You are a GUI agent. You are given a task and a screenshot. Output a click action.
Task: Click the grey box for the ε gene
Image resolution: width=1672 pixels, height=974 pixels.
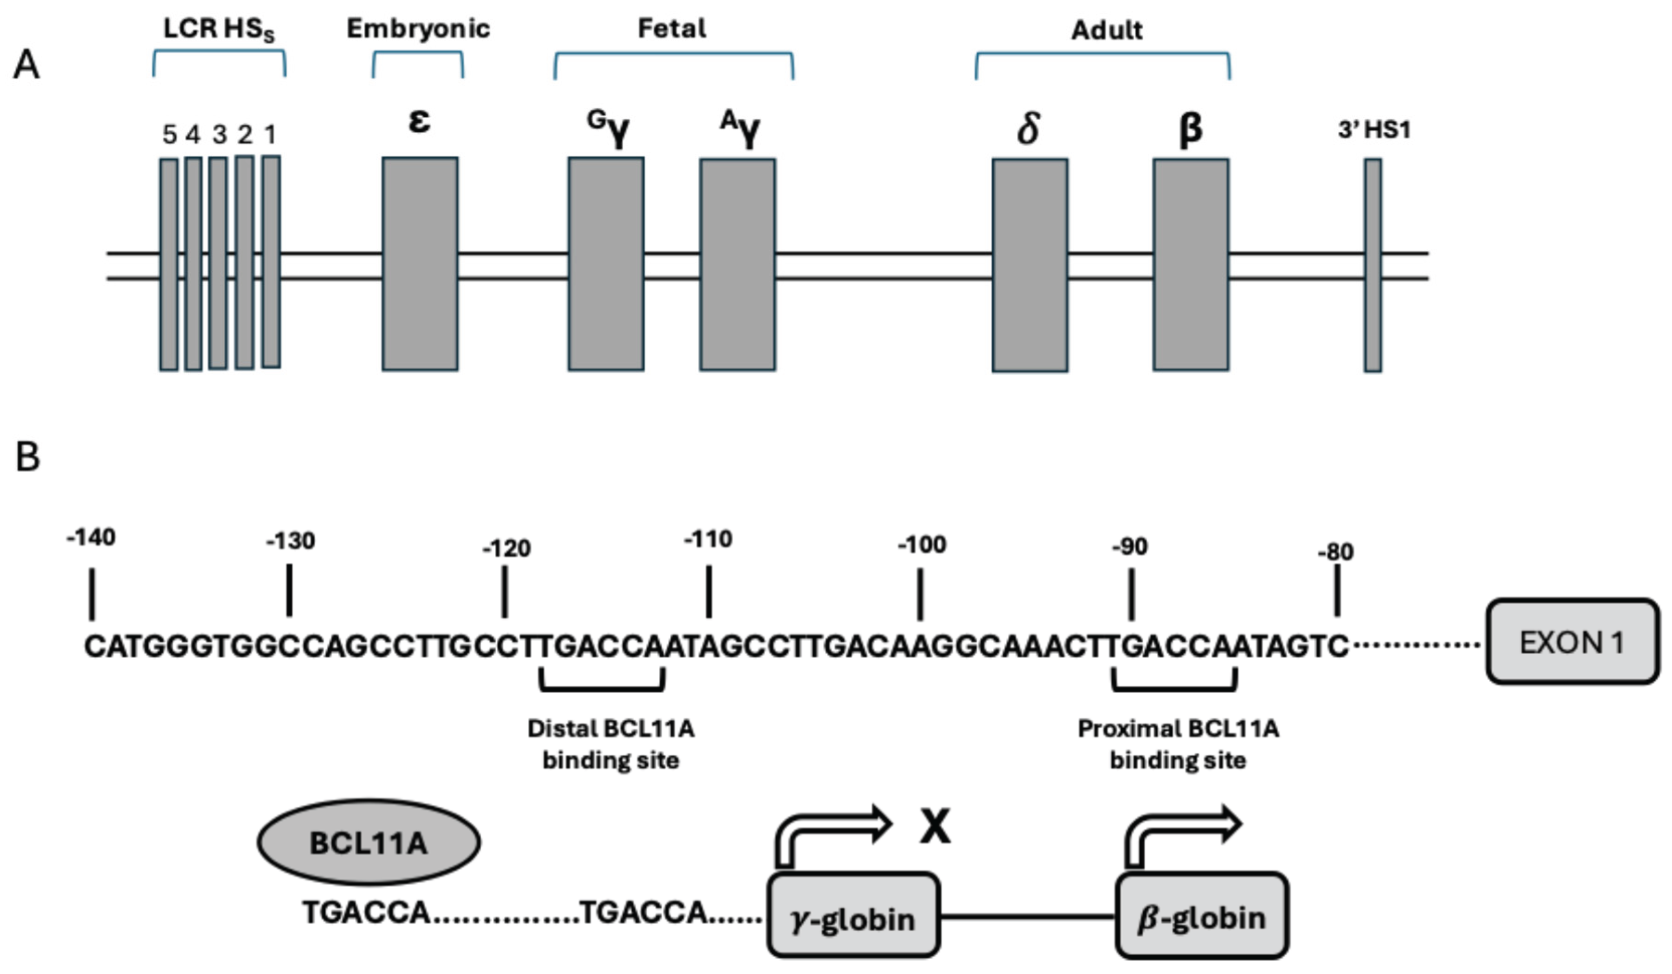coord(419,264)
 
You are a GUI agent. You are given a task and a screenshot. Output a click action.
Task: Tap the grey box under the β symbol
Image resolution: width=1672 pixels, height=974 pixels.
coord(1190,264)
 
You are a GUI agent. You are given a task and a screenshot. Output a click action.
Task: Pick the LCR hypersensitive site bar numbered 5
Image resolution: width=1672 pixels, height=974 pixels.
coord(169,264)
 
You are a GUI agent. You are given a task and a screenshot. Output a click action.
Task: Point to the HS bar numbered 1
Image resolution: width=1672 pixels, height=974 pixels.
coord(271,262)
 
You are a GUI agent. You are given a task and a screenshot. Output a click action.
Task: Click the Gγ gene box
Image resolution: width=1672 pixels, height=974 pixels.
coord(606,264)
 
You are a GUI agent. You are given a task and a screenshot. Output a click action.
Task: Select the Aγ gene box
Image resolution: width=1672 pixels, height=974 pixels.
coord(737,264)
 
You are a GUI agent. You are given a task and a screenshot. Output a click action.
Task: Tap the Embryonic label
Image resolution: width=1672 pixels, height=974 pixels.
coord(418,29)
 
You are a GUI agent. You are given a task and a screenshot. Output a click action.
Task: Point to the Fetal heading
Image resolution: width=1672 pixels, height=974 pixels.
coord(672,29)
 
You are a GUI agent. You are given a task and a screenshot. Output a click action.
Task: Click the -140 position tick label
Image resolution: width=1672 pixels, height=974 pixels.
coord(91,537)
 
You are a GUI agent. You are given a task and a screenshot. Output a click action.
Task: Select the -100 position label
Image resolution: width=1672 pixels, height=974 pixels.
coord(921,545)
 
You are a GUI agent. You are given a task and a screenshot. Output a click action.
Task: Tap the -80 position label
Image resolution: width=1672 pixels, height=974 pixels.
coord(1335,552)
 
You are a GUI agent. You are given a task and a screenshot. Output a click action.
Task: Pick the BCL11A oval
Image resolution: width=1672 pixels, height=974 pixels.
coord(369,842)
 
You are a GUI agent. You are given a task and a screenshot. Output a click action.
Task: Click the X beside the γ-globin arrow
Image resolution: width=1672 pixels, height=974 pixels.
coord(935,827)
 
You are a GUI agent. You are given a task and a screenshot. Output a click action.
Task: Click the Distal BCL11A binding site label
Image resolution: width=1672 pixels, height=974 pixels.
coord(611,744)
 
